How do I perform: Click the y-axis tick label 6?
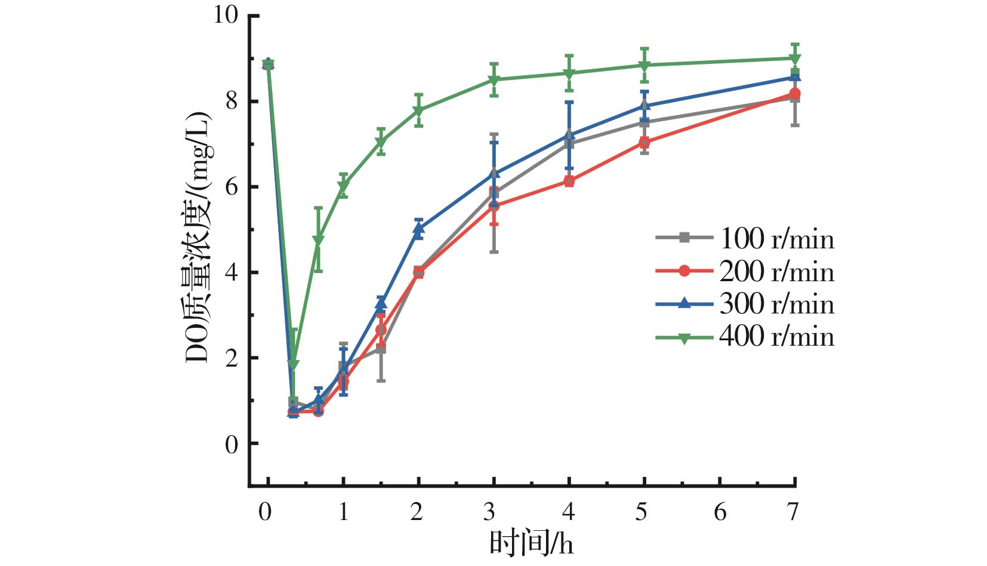point(232,187)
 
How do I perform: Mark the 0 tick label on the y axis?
point(232,444)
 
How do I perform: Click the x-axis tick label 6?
point(720,512)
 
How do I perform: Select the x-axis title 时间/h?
point(531,544)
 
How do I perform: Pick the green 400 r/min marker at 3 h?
point(494,80)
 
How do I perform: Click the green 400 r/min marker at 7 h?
point(795,59)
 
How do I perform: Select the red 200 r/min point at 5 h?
point(644,143)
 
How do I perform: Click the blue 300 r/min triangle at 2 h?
point(418,228)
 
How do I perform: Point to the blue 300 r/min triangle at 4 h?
point(569,135)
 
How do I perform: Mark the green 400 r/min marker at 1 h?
point(343,186)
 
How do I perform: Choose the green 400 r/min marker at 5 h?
point(644,65)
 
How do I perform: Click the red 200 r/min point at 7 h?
point(795,94)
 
